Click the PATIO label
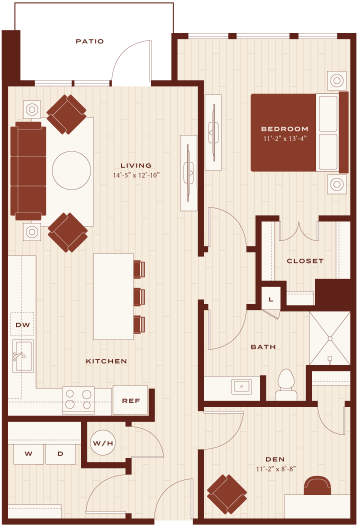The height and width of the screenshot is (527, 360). [89, 41]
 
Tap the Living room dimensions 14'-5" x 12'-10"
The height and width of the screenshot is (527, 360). [136, 175]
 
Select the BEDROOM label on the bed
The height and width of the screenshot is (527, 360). [284, 128]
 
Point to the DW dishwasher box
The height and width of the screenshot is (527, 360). [22, 324]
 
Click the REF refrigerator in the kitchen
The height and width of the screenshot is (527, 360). [130, 400]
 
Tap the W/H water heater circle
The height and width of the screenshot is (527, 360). [103, 443]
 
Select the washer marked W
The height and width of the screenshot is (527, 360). [28, 453]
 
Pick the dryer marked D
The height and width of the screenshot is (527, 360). [60, 453]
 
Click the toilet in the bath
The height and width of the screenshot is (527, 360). [286, 385]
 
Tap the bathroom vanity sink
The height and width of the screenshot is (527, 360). [241, 386]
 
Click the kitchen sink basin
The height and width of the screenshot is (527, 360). [23, 356]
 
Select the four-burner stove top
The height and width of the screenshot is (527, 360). [78, 400]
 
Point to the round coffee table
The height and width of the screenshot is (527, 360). [71, 170]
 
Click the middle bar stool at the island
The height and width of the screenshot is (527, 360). [139, 297]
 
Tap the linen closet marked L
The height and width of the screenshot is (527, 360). [271, 298]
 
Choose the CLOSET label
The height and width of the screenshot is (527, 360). [305, 261]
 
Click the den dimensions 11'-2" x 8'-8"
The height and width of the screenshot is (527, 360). [275, 469]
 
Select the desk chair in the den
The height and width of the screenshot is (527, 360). [317, 485]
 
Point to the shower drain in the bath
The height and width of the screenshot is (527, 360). [330, 338]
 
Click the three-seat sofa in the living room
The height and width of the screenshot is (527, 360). [28, 171]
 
